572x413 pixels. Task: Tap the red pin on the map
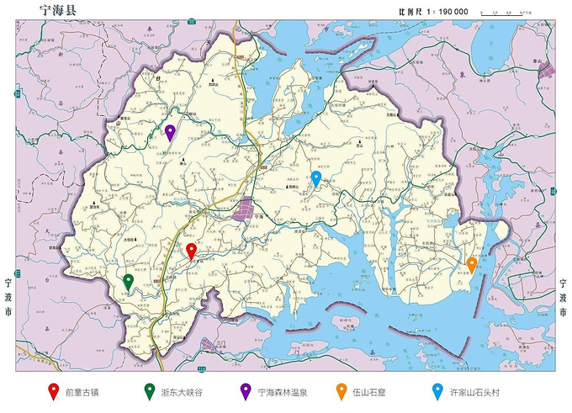pos(191,250)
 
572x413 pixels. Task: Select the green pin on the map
pos(128,281)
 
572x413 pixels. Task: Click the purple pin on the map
pos(170,131)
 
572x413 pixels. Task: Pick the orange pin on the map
pos(472,263)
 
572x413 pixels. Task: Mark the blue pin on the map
pos(316,177)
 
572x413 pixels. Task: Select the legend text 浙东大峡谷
pos(182,392)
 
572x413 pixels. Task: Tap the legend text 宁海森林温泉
pos(285,392)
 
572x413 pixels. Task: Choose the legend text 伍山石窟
pos(370,392)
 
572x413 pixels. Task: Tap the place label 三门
pos(220,343)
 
